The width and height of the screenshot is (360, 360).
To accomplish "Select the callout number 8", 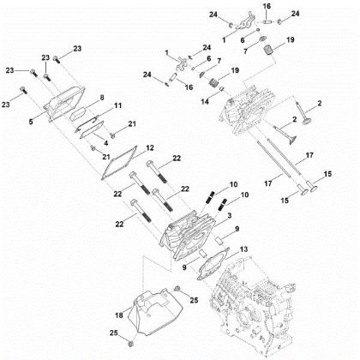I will tap(101, 97).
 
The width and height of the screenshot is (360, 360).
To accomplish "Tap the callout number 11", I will tap(117, 105).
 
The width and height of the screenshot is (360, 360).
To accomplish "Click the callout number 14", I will tap(203, 100).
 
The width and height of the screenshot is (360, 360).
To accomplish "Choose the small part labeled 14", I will tap(217, 100).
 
